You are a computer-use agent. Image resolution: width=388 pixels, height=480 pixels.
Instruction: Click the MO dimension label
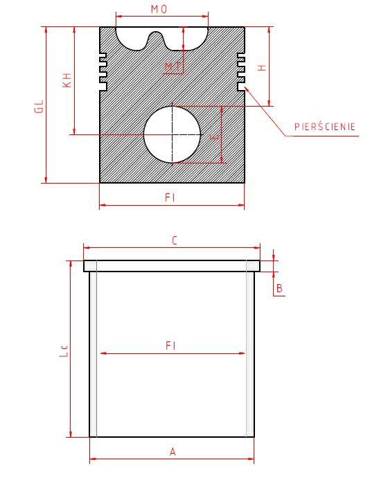pyautogui.click(x=159, y=9)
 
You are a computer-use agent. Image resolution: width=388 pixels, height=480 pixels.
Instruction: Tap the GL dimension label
pyautogui.click(x=39, y=107)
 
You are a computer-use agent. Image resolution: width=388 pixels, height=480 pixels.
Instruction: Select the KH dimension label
pyautogui.click(x=67, y=80)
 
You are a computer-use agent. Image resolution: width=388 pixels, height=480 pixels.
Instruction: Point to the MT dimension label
pyautogui.click(x=173, y=67)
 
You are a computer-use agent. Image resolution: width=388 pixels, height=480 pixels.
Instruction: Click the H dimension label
pyautogui.click(x=262, y=67)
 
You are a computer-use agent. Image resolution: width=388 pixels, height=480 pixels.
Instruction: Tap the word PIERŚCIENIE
pyautogui.click(x=325, y=127)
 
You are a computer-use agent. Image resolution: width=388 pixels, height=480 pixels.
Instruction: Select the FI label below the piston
pyautogui.click(x=170, y=197)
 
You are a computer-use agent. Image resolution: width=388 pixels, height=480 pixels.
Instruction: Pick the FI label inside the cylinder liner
pyautogui.click(x=170, y=346)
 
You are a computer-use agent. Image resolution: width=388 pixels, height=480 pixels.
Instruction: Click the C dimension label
pyautogui.click(x=175, y=241)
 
